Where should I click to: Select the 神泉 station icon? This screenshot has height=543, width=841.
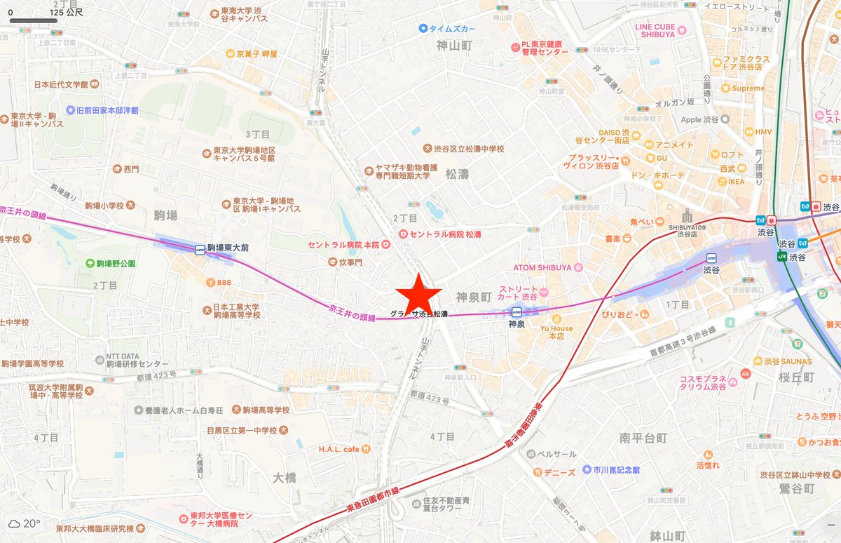pyautogui.click(x=516, y=311)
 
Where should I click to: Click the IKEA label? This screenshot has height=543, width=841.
pyautogui.click(x=736, y=182)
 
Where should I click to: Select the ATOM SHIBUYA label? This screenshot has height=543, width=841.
pyautogui.click(x=547, y=267)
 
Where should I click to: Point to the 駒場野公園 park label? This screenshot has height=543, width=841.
pyautogui.click(x=114, y=263)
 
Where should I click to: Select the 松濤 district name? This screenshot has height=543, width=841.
pyautogui.click(x=457, y=174)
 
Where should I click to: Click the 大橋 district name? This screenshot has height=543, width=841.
pyautogui.click(x=285, y=478)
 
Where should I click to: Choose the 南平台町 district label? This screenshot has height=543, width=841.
pyautogui.click(x=643, y=438)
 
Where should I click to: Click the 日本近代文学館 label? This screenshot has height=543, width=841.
pyautogui.click(x=61, y=84)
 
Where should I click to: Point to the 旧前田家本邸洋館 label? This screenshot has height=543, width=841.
pyautogui.click(x=107, y=110)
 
